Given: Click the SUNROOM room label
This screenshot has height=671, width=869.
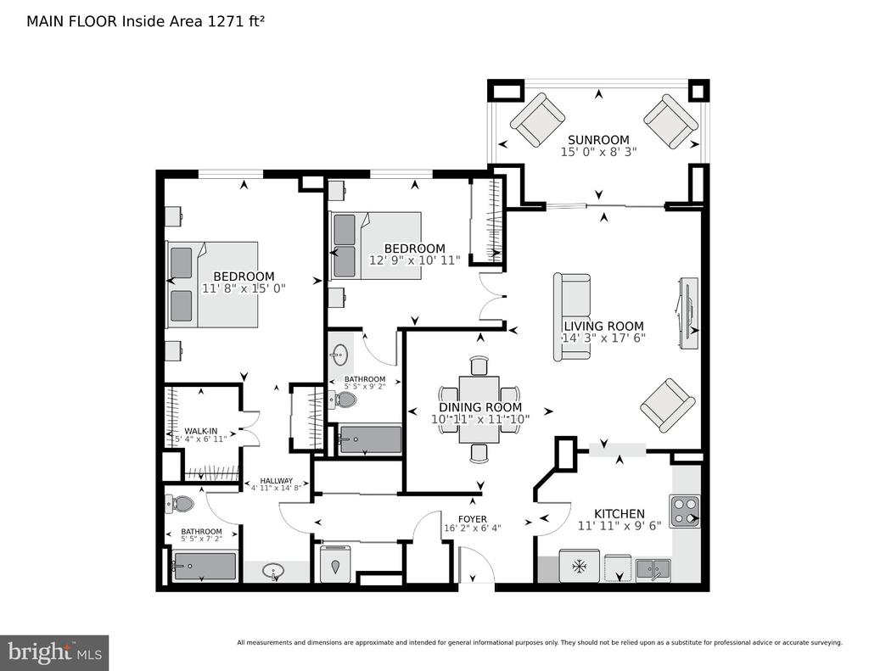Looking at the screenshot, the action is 598,140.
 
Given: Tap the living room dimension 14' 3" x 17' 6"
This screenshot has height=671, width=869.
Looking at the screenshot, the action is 603,338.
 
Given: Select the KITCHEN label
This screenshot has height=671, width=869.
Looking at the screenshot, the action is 619,513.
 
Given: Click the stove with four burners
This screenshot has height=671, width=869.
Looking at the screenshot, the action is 685,511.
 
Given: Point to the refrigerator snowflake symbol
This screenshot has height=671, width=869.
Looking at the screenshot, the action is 579,567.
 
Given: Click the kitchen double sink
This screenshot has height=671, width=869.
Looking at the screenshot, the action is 653,570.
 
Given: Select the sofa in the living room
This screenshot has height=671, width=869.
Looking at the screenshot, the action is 572,317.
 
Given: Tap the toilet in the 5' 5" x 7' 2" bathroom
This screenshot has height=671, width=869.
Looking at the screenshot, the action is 180,504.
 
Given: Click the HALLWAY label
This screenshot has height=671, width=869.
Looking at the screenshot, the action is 276,481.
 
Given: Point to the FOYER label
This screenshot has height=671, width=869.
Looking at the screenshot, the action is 473,519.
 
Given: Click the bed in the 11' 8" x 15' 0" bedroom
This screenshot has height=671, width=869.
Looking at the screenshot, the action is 212,284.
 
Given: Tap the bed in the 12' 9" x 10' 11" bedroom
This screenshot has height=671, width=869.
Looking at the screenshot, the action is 376,245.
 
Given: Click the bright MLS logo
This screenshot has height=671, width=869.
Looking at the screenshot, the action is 54,652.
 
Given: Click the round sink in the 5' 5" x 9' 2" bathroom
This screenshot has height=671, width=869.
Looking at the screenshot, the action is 339,355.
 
